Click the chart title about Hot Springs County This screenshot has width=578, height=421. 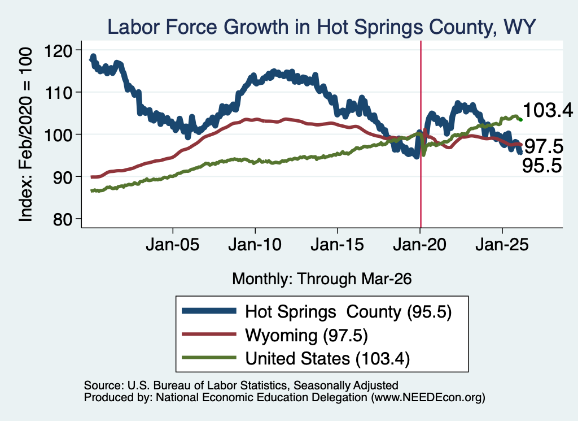321,27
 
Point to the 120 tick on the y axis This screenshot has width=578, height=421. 58,50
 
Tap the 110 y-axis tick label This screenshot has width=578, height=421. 58,93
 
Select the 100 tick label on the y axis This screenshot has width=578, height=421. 58,135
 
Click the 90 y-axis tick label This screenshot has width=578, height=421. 62,177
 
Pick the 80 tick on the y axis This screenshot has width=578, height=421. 62,219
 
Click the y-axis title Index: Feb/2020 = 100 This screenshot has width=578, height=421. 25,134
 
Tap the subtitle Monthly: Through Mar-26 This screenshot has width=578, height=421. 322,279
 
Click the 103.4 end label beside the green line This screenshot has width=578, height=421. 548,110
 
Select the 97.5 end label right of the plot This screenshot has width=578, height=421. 544,147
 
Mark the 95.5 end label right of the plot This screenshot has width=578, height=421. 542,166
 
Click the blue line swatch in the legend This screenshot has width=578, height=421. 209,311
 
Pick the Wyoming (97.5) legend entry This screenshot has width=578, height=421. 306,336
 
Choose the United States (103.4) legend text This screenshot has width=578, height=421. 328,359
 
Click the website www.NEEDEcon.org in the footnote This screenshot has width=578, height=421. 428,397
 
